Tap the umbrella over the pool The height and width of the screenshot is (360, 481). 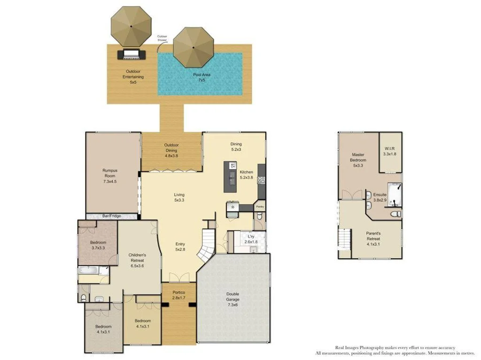[x=193, y=47]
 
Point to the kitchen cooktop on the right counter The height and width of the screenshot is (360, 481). [x=261, y=179]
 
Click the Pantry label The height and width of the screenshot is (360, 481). [x=260, y=206]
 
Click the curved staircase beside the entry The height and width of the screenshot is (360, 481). [x=206, y=247]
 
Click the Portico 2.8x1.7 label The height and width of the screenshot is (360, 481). [x=178, y=294]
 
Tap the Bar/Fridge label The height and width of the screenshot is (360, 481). [x=112, y=216]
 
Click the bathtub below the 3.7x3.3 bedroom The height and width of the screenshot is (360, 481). [x=88, y=270]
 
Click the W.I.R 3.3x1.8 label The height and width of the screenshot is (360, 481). [x=390, y=151]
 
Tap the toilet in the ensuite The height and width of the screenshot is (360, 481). [x=396, y=214]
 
